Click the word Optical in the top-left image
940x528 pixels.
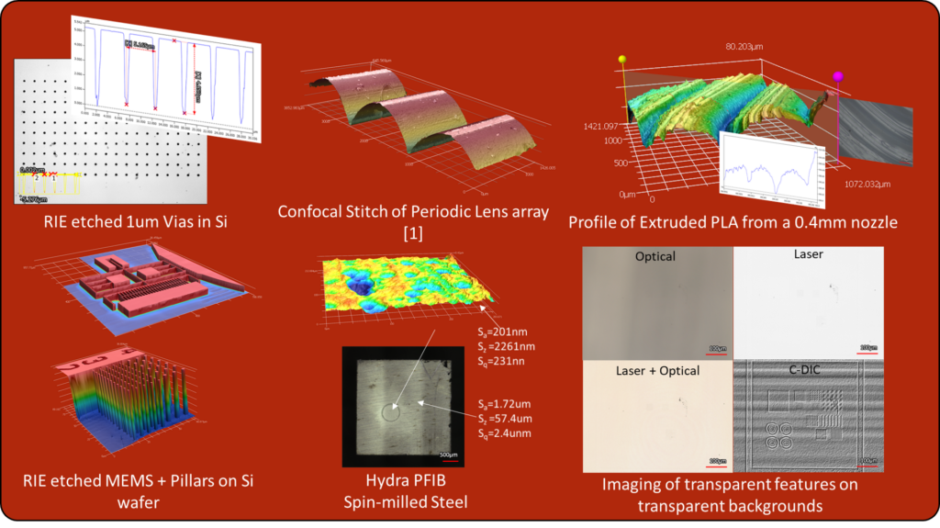tap(655, 257)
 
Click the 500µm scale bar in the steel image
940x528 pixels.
tap(447, 453)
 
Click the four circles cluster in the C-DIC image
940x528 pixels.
tap(778, 435)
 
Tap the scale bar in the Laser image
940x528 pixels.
tap(867, 347)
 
